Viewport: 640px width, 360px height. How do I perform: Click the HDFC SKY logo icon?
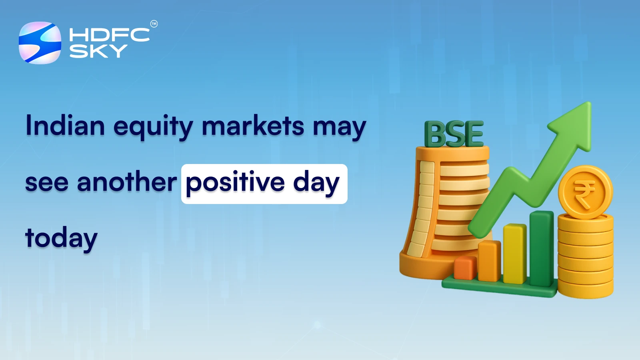point(40,43)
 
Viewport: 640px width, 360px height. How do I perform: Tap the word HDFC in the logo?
point(109,35)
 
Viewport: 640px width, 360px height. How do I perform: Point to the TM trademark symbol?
point(154,24)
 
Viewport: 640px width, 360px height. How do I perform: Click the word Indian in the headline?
point(65,126)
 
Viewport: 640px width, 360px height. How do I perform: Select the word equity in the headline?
point(153,127)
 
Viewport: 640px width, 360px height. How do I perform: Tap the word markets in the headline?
point(253,126)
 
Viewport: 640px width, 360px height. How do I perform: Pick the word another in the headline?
point(127,182)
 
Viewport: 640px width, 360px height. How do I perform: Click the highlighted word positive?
point(235,184)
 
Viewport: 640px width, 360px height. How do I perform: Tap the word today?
point(61,239)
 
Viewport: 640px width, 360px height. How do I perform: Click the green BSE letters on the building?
point(454,134)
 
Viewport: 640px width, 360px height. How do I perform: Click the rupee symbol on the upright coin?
point(584,193)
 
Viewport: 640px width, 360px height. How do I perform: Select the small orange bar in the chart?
point(465,268)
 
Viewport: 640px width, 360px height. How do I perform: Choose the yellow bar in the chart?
point(514,254)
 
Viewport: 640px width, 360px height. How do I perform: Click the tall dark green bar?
point(541,248)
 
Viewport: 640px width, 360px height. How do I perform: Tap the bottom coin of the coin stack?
point(585,289)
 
